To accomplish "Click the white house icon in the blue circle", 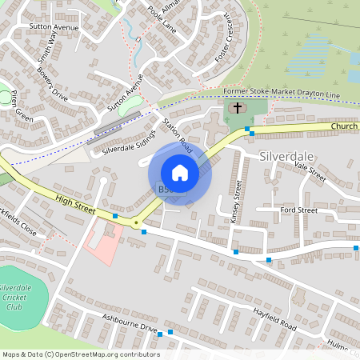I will [180, 172].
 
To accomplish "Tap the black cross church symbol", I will [237, 107].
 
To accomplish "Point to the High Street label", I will [75, 205].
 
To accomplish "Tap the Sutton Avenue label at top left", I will [53, 26].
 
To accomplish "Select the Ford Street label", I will [298, 210].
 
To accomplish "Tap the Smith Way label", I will [48, 48].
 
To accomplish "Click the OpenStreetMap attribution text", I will [80, 354].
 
